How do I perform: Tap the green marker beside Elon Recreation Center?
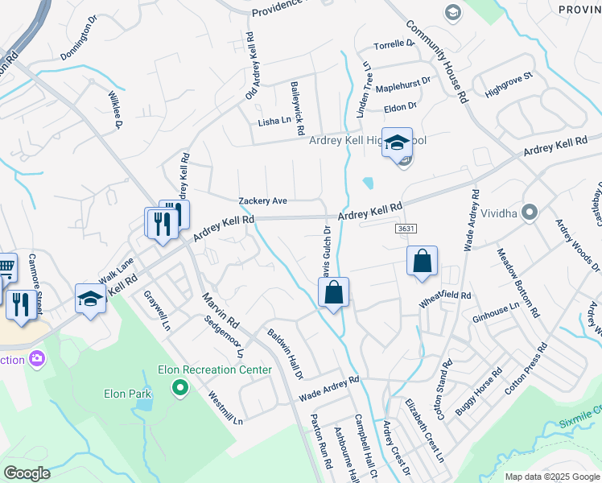180,390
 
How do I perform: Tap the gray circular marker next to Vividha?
529,213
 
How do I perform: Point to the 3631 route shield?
406,229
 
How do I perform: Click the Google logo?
27,473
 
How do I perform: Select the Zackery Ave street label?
262,200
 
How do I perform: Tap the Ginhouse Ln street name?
497,309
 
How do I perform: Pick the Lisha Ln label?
274,122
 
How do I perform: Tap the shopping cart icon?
5,266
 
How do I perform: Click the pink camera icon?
36,358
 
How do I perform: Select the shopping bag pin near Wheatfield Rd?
422,262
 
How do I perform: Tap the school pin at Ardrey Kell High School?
397,143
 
